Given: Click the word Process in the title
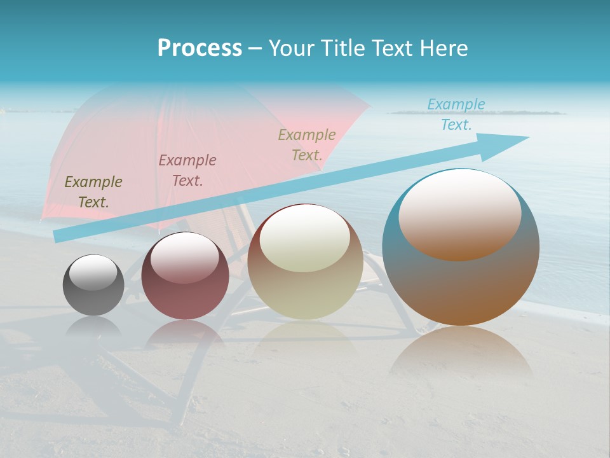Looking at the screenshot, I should click(x=200, y=48).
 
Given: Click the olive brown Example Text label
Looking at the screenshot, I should click(x=93, y=192).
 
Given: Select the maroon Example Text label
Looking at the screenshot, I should click(x=187, y=170).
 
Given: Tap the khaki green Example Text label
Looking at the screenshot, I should click(x=307, y=145).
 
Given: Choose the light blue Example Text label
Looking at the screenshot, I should click(x=456, y=114).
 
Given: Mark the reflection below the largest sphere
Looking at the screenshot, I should click(x=461, y=353).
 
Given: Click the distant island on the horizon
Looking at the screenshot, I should click(x=477, y=113).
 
